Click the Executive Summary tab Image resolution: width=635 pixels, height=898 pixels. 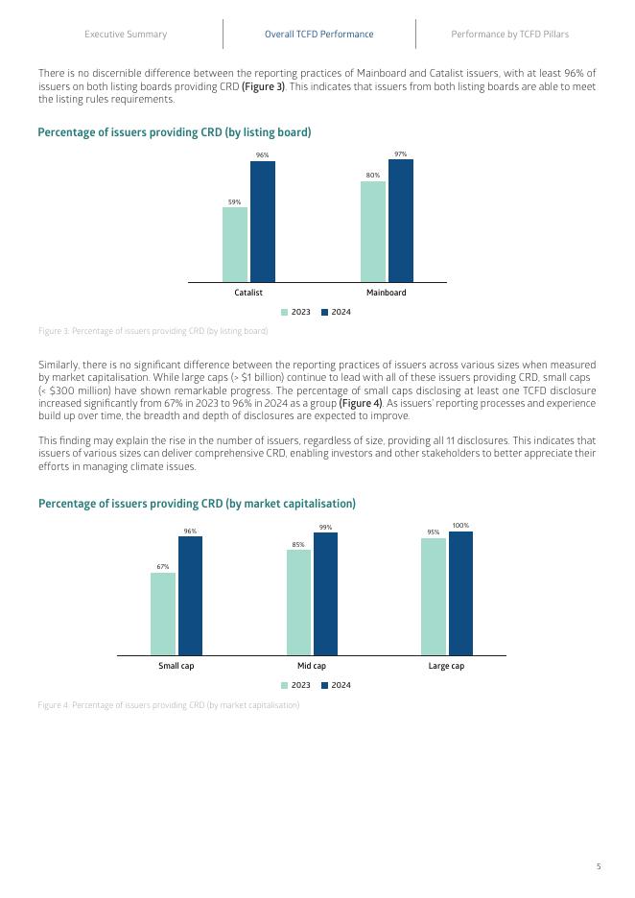click(x=126, y=35)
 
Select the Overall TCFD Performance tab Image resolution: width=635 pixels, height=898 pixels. click(x=319, y=35)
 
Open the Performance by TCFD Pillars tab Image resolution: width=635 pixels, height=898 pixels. click(x=509, y=35)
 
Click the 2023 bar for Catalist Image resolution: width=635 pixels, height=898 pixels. click(x=235, y=245)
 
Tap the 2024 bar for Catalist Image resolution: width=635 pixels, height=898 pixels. click(x=263, y=222)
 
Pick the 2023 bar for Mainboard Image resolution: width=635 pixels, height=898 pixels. click(x=373, y=231)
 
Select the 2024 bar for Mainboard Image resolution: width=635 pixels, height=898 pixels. click(x=400, y=221)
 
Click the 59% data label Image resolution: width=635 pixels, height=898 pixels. click(x=234, y=201)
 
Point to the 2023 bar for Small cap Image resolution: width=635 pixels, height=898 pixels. click(x=163, y=614)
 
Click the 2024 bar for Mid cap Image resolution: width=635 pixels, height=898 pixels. click(x=326, y=594)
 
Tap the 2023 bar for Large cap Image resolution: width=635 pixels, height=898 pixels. click(x=434, y=597)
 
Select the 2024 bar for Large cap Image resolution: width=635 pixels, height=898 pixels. click(x=461, y=593)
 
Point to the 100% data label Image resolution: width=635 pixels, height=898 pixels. click(x=460, y=526)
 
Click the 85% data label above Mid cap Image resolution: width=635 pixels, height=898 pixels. click(x=298, y=544)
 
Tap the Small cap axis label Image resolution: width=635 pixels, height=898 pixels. click(x=176, y=666)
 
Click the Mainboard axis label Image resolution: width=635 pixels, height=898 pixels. click(x=387, y=293)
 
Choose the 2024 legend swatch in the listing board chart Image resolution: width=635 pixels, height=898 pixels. click(x=324, y=313)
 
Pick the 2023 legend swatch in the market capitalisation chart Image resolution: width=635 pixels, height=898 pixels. click(x=284, y=685)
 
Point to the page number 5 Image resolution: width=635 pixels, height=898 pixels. click(x=599, y=866)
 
